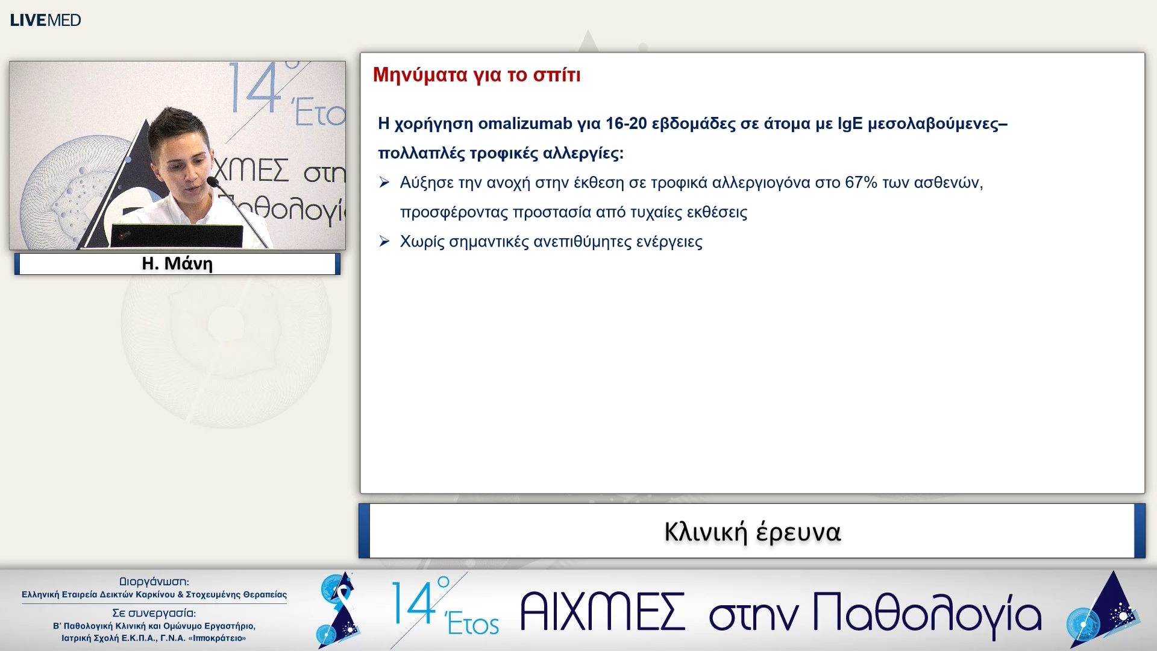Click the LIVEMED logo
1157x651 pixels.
click(x=45, y=20)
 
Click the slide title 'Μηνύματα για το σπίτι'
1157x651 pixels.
click(x=476, y=75)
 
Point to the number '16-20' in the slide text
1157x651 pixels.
click(x=626, y=124)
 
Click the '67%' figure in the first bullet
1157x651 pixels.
click(x=861, y=183)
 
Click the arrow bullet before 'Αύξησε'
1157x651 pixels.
click(x=384, y=183)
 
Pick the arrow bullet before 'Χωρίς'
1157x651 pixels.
click(x=384, y=242)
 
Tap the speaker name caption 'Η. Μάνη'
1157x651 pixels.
click(x=177, y=263)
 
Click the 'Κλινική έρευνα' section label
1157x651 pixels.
click(x=752, y=532)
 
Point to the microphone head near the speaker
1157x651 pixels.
click(x=213, y=181)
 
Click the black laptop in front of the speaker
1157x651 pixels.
click(x=176, y=236)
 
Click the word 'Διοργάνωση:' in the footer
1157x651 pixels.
click(x=154, y=582)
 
